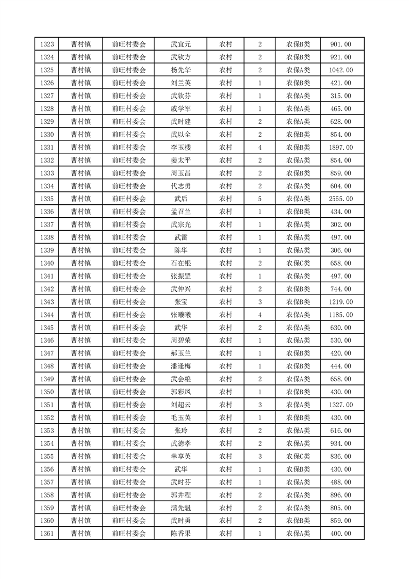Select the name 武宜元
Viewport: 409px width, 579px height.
181,44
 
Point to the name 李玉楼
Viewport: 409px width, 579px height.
181,148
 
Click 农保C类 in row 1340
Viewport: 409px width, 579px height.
298,264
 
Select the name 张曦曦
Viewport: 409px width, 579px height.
181,315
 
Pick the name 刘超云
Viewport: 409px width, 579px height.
181,405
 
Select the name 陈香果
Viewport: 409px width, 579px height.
181,534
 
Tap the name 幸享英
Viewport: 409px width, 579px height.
181,457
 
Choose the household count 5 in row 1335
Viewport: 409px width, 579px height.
259,199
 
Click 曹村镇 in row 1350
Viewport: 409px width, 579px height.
81,392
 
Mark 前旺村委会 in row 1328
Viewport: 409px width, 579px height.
129,109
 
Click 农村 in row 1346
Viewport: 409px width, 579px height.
225,341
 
